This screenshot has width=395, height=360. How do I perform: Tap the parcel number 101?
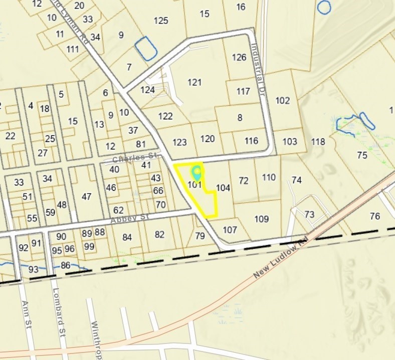(194, 185)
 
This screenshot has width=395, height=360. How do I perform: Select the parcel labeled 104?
(223, 188)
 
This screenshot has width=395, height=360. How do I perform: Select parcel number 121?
(194, 82)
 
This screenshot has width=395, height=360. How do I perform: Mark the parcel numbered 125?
(161, 21)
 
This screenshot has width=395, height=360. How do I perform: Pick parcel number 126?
(239, 57)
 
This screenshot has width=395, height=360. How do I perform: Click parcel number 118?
(318, 141)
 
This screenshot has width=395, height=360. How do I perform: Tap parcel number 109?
(262, 219)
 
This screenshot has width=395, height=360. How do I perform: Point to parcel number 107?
(230, 230)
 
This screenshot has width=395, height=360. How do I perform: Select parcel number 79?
(200, 236)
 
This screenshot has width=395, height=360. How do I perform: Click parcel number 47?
(87, 197)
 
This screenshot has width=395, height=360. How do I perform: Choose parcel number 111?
(73, 49)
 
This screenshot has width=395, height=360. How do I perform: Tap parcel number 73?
(309, 215)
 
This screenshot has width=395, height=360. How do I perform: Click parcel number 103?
(290, 141)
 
